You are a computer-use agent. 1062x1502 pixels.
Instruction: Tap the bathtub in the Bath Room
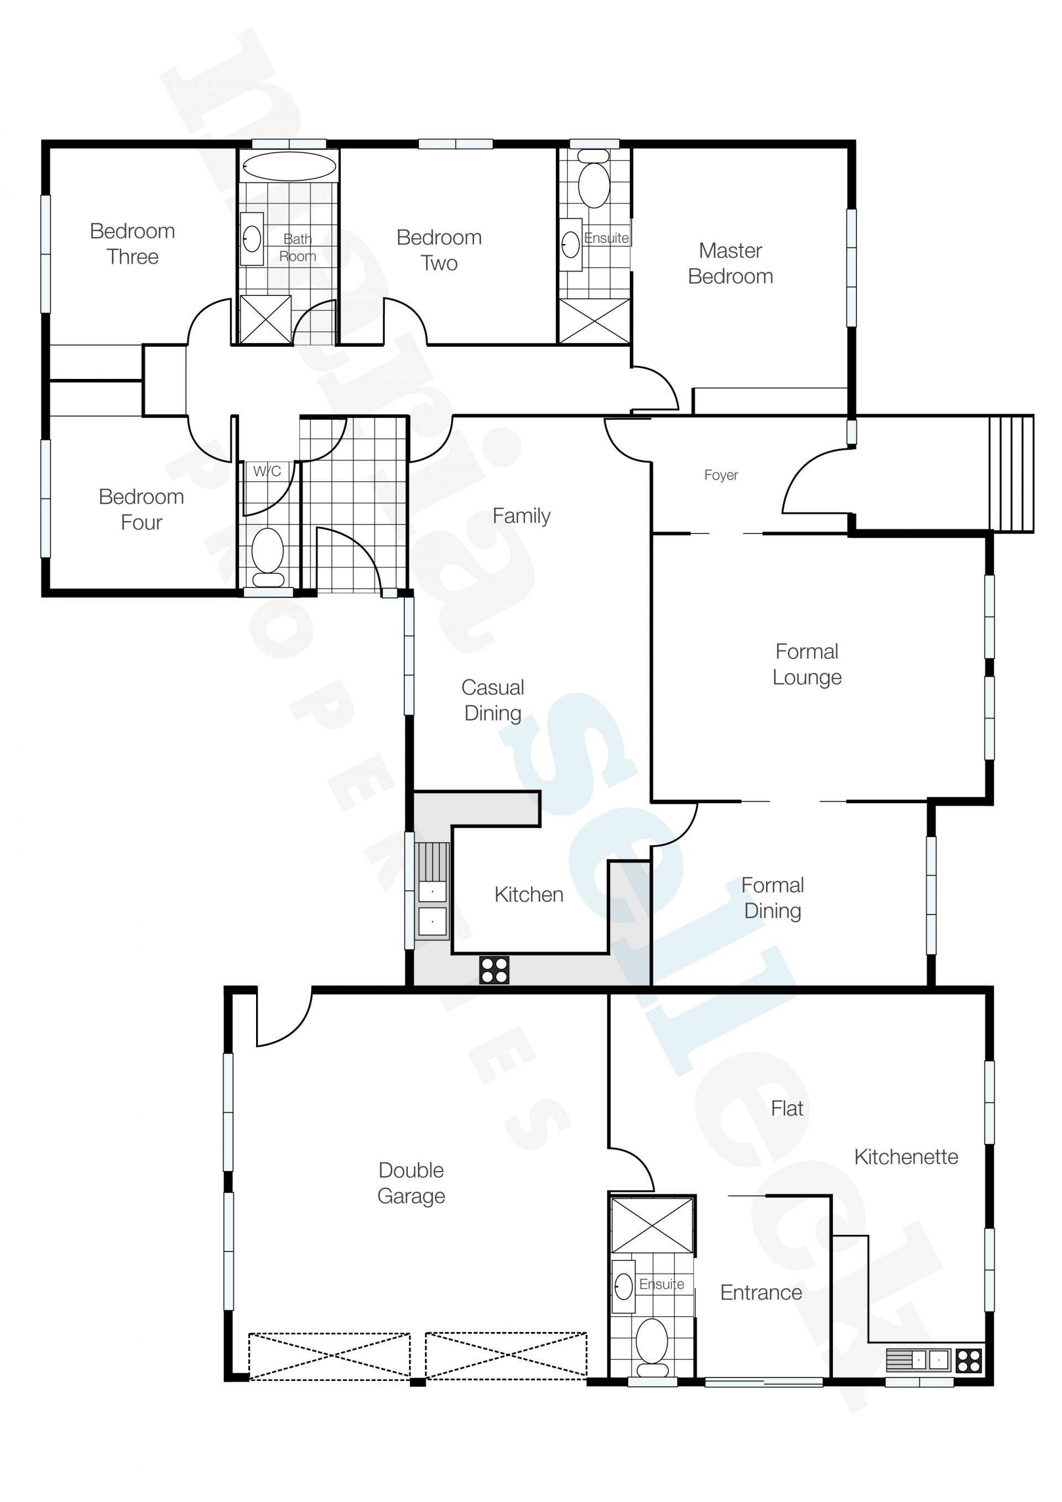tap(288, 166)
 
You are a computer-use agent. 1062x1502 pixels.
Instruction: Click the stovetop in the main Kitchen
tap(494, 970)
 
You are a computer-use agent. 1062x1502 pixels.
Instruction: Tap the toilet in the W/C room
tap(268, 557)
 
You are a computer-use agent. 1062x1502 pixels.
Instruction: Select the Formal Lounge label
tap(807, 664)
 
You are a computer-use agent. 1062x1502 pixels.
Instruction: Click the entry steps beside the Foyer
tap(1011, 474)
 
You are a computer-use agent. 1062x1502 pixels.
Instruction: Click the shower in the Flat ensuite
tap(652, 1225)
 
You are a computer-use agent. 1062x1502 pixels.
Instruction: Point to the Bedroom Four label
tap(141, 510)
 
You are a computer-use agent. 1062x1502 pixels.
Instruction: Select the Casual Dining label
tap(493, 700)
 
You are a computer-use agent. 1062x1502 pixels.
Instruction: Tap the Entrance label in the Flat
tap(761, 1293)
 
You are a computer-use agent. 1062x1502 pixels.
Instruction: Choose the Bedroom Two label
tap(439, 250)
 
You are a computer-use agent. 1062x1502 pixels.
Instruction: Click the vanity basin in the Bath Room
tap(252, 239)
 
